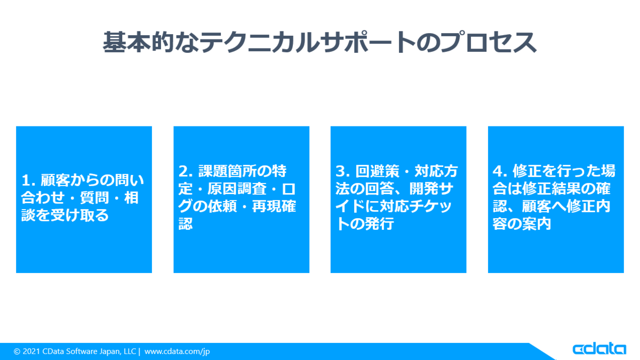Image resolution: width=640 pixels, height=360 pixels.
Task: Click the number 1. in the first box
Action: coord(29,180)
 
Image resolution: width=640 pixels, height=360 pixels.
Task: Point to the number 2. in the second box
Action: coord(186,171)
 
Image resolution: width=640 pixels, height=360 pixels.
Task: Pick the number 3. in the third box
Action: coord(343,171)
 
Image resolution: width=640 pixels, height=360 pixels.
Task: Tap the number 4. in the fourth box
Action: coord(500,171)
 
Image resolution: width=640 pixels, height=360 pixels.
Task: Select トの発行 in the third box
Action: coord(365,224)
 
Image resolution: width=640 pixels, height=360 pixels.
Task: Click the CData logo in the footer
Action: coord(599,349)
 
